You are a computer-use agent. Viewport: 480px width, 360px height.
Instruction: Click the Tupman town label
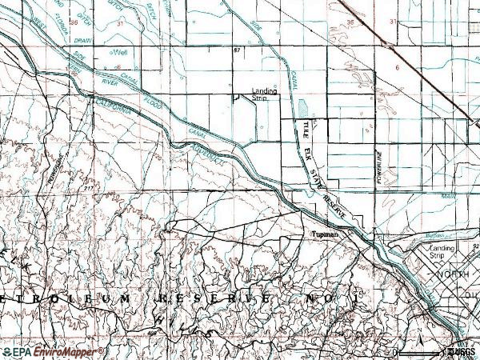(326, 234)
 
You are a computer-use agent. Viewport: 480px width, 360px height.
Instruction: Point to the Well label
(121, 53)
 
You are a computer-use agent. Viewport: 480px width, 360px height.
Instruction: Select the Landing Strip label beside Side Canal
(265, 94)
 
